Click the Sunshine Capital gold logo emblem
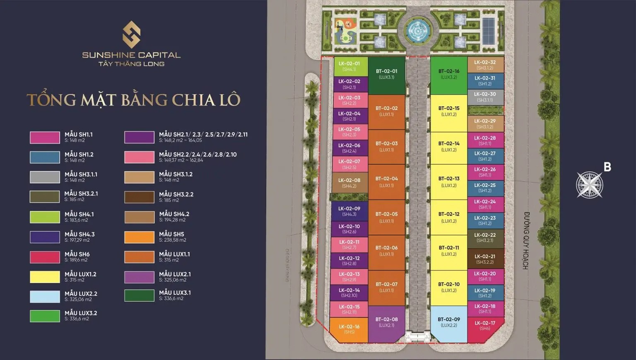(131, 35)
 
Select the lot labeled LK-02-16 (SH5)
(349, 329)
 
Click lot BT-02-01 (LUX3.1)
(386, 75)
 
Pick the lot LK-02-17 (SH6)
(485, 326)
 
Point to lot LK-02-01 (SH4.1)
(350, 66)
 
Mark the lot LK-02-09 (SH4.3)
(349, 211)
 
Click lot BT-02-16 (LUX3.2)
(449, 74)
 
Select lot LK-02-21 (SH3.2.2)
(485, 259)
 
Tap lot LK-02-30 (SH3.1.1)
(485, 97)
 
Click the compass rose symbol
(590, 184)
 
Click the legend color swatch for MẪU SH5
(139, 237)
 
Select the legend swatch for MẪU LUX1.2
(45, 277)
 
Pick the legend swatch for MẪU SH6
(45, 257)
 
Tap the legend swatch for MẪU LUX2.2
(45, 297)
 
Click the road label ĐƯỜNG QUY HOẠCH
(526, 240)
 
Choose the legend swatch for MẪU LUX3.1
(139, 295)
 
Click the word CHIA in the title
(192, 100)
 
